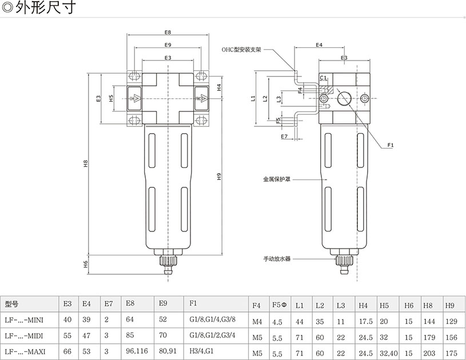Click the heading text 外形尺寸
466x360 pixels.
coord(46,9)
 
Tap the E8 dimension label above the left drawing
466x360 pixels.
coord(168,33)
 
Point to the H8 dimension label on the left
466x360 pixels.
coord(85,163)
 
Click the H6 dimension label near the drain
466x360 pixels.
coord(85,263)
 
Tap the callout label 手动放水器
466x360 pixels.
coord(277,259)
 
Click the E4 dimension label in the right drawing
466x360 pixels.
coord(319,45)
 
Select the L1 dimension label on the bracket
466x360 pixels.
coord(253,98)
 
